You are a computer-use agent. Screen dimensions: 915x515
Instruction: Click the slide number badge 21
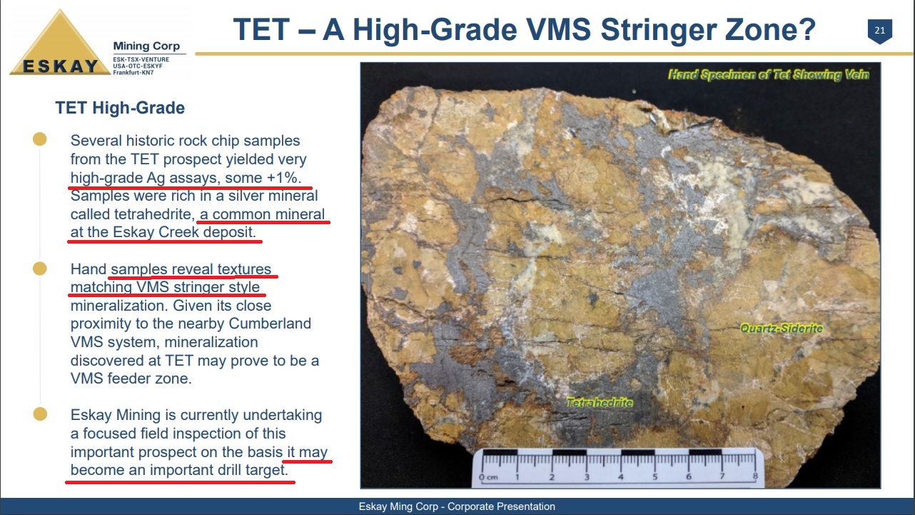(x=880, y=31)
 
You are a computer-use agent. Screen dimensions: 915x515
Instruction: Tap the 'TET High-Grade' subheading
(x=120, y=108)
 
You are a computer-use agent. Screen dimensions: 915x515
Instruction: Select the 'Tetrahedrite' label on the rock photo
(x=600, y=403)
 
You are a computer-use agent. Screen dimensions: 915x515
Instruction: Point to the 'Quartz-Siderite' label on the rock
(x=782, y=328)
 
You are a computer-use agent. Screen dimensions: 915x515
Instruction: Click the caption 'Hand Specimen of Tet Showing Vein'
(x=769, y=74)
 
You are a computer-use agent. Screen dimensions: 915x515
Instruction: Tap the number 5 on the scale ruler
(x=654, y=476)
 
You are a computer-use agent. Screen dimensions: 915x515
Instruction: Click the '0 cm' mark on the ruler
(x=488, y=477)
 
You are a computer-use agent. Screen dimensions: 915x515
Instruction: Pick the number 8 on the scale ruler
(x=755, y=476)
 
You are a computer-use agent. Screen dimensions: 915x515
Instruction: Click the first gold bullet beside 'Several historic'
(x=40, y=139)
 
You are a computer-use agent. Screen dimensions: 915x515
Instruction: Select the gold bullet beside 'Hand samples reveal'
(x=40, y=269)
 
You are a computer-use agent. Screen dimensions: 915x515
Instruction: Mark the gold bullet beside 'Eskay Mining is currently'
(x=40, y=414)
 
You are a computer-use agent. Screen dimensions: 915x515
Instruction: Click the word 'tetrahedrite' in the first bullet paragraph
(x=152, y=214)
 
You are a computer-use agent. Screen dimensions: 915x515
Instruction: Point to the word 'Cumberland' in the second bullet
(x=270, y=324)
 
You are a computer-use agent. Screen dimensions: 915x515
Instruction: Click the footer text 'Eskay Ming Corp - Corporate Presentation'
(x=457, y=506)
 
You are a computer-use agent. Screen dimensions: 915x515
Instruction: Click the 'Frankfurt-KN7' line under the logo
(x=133, y=73)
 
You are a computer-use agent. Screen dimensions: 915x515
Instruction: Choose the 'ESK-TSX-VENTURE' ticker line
(x=141, y=60)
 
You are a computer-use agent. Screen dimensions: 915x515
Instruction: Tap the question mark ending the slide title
(x=806, y=29)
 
